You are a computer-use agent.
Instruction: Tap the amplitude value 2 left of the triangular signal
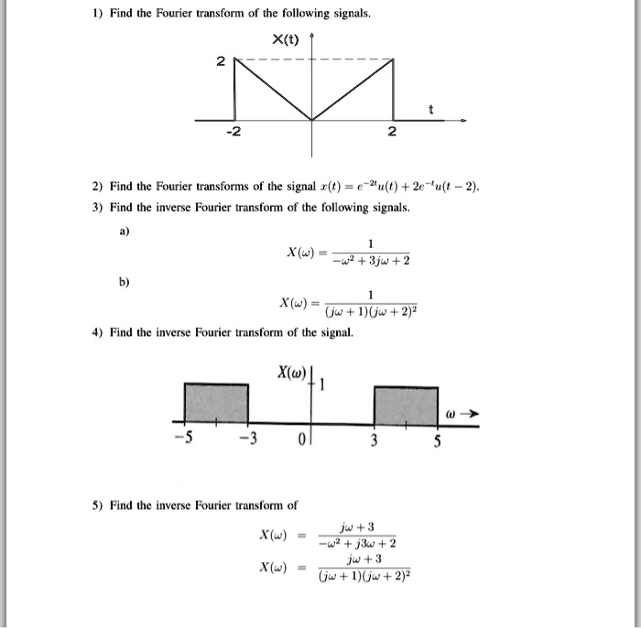pos(219,61)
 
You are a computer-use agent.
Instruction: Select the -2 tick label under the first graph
pos(234,134)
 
